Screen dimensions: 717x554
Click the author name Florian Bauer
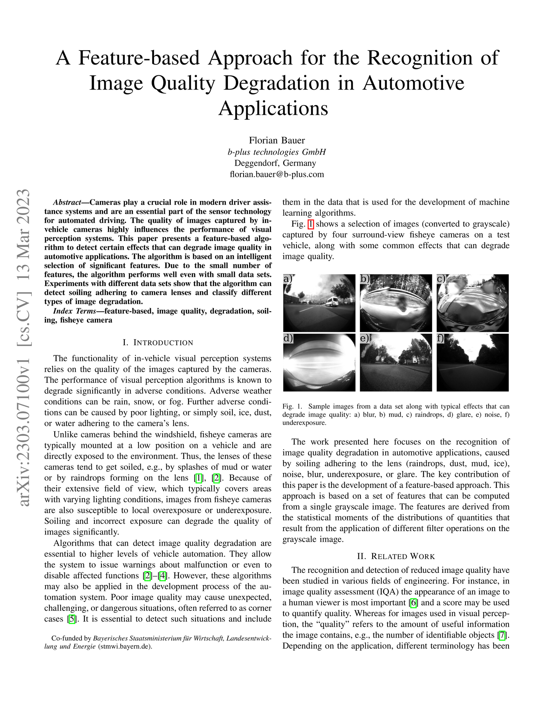click(276, 140)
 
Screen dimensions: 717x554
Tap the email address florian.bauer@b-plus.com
click(276, 174)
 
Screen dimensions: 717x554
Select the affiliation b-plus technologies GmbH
click(276, 152)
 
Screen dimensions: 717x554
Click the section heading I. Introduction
click(158, 342)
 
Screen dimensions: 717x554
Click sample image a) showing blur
click(319, 303)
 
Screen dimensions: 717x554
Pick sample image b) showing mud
click(395, 303)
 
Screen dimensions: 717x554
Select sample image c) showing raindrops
click(472, 303)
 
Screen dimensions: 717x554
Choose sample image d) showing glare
click(319, 362)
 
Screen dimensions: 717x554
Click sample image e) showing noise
click(395, 362)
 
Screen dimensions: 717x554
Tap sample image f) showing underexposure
click(472, 362)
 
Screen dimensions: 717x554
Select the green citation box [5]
click(72, 619)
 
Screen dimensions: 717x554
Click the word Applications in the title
click(273, 108)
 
